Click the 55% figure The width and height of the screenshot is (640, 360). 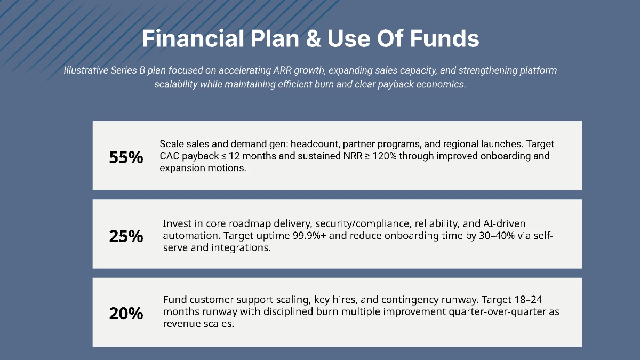(126, 157)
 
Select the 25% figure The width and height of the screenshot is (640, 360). (126, 236)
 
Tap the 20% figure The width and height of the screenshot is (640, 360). (126, 314)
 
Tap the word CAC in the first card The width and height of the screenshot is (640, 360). (170, 156)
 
